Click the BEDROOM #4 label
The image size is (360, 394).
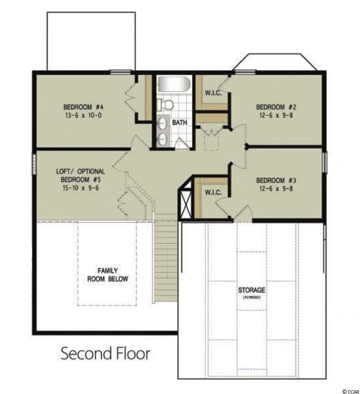tap(83, 107)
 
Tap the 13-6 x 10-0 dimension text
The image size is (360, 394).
tap(83, 115)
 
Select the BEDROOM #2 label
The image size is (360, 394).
tap(276, 107)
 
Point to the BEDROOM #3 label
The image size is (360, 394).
tap(276, 180)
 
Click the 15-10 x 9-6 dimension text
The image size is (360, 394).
tap(80, 188)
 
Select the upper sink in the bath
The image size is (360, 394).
tap(162, 123)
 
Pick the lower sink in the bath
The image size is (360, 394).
tap(162, 138)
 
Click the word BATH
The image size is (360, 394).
tap(180, 122)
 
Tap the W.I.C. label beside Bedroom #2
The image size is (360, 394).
tap(213, 93)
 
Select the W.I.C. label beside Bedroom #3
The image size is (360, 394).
tap(213, 193)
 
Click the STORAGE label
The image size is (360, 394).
tap(252, 290)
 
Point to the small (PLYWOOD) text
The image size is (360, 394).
tap(252, 298)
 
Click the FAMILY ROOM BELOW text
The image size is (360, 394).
tap(108, 275)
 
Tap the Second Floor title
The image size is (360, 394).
tap(105, 353)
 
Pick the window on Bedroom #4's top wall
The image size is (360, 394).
tap(121, 72)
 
